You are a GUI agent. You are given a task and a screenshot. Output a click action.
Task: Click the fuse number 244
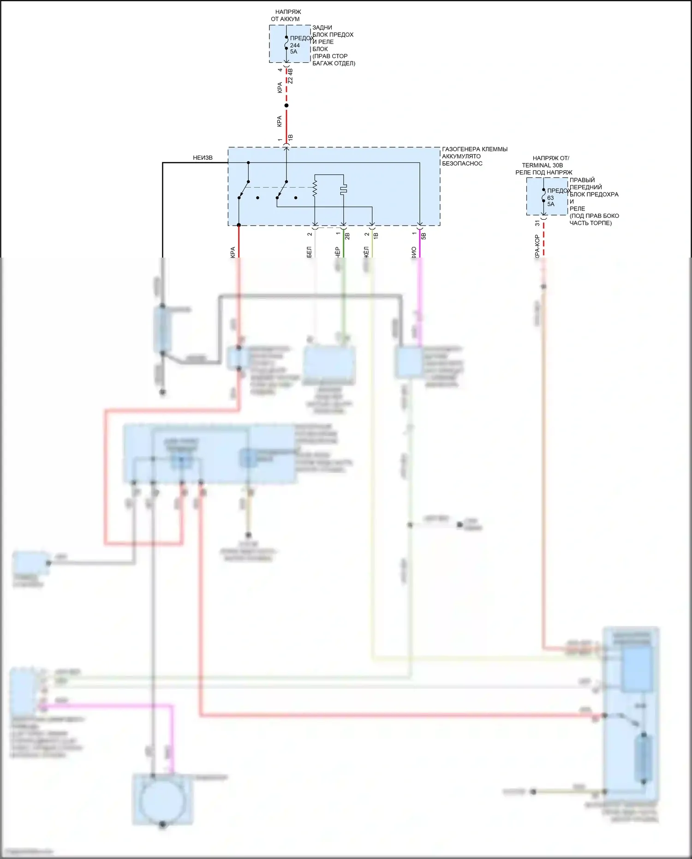[295, 45]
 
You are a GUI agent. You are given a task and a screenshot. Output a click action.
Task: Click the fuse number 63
[550, 198]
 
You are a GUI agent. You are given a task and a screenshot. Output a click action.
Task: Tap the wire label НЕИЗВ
[203, 158]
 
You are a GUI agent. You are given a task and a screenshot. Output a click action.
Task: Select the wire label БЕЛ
[309, 252]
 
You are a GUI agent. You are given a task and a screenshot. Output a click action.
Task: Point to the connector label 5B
[424, 236]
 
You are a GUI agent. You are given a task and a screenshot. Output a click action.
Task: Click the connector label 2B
[347, 236]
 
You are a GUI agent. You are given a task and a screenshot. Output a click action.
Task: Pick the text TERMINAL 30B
[542, 165]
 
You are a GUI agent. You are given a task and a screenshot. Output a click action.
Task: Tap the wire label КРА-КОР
[537, 246]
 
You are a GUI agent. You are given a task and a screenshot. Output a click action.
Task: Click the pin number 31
[537, 223]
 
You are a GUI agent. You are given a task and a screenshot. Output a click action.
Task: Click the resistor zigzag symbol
[315, 188]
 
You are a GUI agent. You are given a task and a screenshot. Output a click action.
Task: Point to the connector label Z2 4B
[290, 76]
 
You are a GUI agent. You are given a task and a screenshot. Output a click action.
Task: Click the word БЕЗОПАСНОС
[462, 163]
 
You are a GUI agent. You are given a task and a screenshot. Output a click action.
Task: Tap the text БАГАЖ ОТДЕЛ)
[334, 63]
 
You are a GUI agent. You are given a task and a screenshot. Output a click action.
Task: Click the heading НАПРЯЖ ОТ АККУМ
[286, 15]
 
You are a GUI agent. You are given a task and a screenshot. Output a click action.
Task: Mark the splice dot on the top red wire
[286, 106]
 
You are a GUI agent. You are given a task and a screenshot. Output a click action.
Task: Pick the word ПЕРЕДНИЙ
[585, 187]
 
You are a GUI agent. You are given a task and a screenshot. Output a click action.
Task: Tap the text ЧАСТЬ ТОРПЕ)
[591, 223]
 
